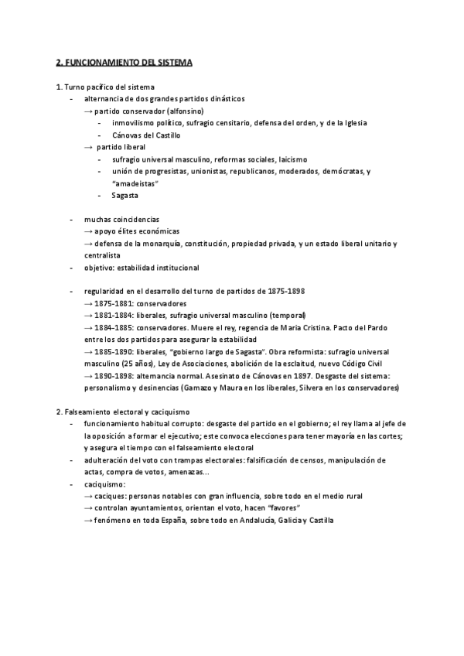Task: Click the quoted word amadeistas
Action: click(138, 183)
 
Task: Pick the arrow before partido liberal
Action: click(88, 146)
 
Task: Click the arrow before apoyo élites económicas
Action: click(88, 231)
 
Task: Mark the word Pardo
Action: click(363, 328)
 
